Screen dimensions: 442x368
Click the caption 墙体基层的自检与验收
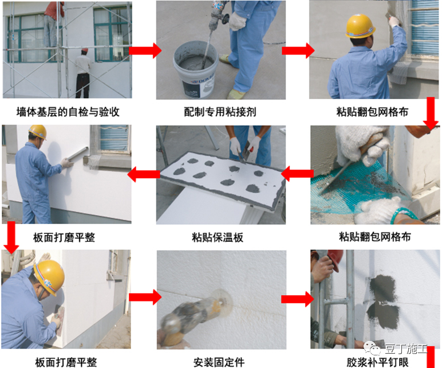point(68,112)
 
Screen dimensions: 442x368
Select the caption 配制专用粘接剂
point(220,112)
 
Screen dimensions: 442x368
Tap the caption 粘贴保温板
point(218,237)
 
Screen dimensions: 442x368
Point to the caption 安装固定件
point(219,362)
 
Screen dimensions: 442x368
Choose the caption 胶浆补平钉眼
point(377,362)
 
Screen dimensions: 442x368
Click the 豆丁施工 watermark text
point(406,349)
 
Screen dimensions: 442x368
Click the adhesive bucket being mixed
point(196,69)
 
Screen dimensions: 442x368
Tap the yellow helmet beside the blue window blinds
point(360,26)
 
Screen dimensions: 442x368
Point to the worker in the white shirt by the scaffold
point(83,73)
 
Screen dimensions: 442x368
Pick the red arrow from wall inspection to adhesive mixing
point(145,50)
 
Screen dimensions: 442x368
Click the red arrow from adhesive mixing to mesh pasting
point(298,50)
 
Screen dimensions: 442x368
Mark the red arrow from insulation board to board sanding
point(144,174)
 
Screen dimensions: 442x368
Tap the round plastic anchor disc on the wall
point(222,302)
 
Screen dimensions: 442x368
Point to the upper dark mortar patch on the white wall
point(383,288)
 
